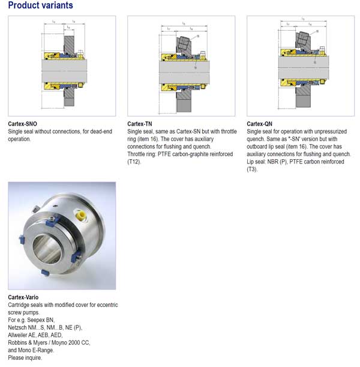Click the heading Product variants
coord(40,6)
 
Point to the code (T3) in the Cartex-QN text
coord(252,169)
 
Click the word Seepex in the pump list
coord(38,320)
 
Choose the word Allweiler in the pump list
coord(20,335)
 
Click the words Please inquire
coord(24,357)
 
